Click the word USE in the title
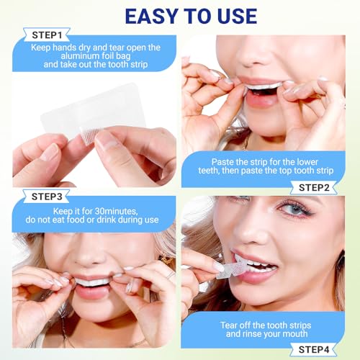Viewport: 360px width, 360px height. click(x=231, y=15)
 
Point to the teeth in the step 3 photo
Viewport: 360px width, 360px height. click(x=94, y=282)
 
